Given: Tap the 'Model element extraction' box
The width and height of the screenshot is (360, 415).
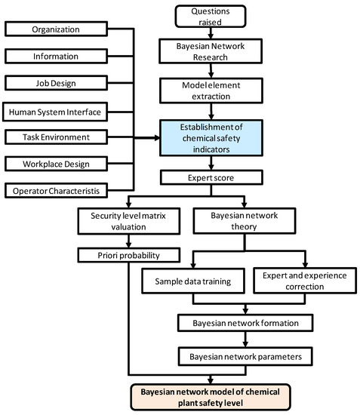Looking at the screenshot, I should coord(211,91).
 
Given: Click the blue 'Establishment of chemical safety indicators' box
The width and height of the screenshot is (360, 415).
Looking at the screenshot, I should coord(211,137).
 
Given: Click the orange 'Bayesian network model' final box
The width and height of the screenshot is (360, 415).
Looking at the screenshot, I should coord(242,395).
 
